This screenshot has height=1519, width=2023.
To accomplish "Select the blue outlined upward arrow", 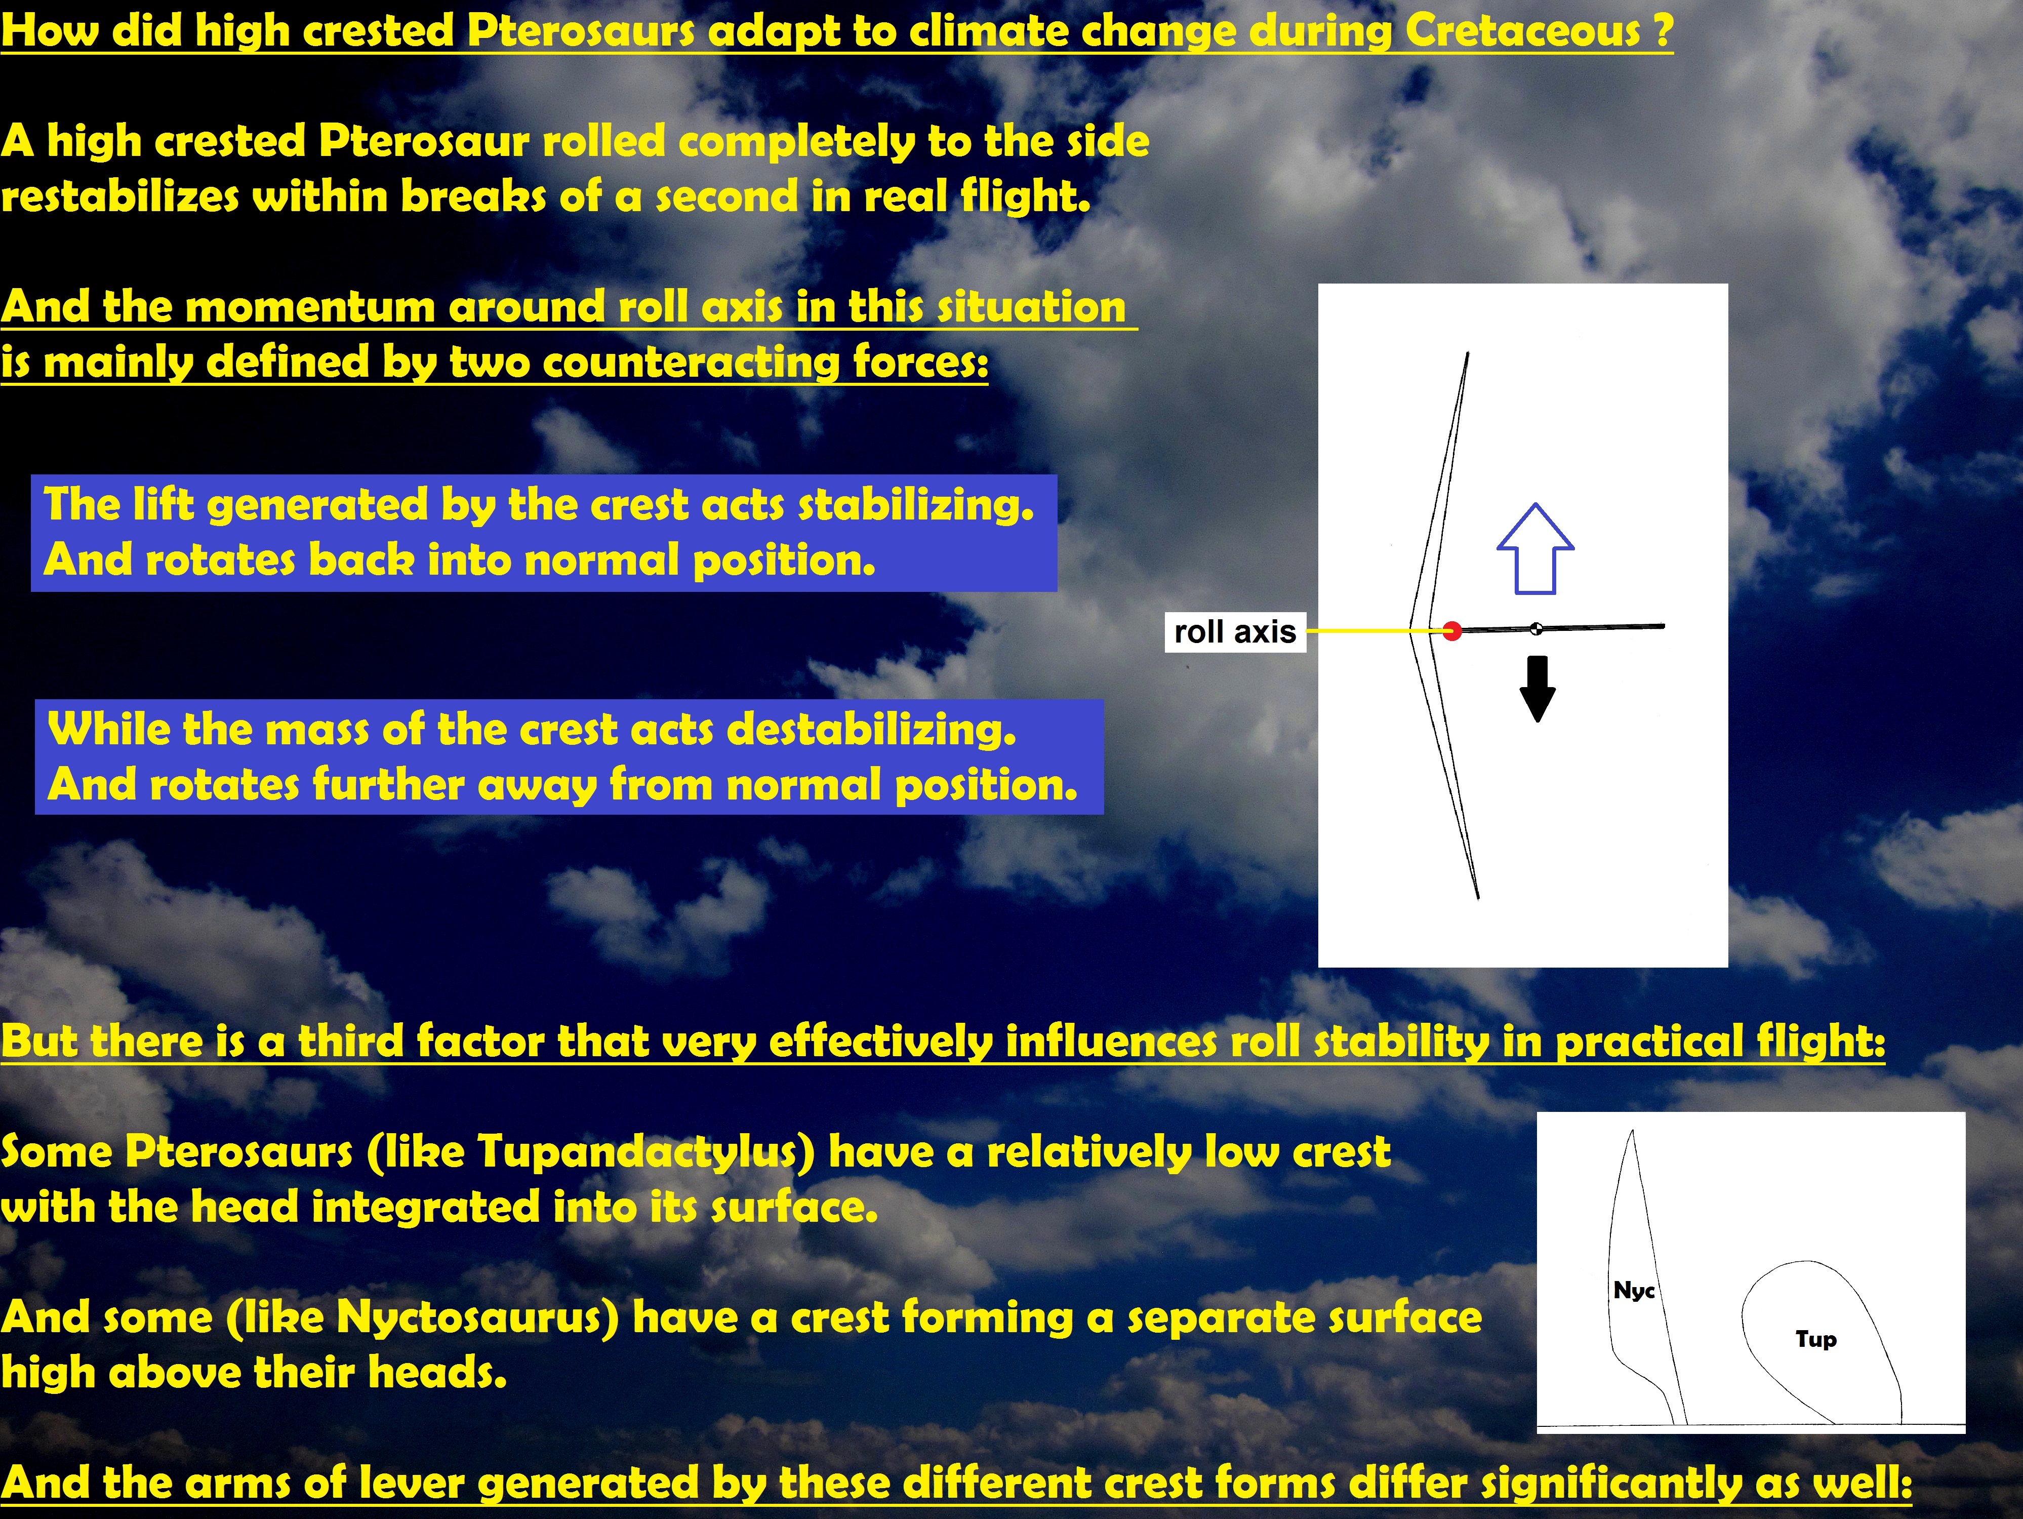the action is (x=1535, y=549).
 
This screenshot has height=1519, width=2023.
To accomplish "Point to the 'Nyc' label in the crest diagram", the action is (x=1633, y=1290).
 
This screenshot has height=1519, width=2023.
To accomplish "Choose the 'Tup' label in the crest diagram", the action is (x=1815, y=1340).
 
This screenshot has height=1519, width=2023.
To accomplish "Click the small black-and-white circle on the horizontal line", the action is (x=1536, y=628).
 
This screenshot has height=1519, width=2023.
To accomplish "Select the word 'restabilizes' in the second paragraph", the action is (x=120, y=196).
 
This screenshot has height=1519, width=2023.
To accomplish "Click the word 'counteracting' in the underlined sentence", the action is (x=692, y=362).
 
